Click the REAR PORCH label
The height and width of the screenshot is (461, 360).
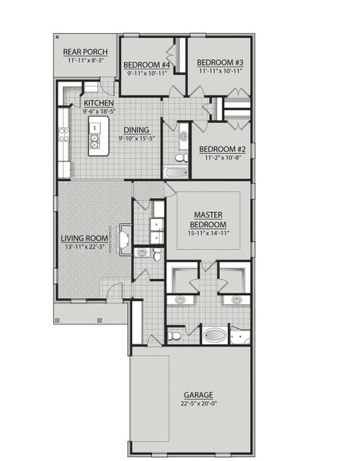pos(85,52)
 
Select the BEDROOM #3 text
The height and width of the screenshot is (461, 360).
pos(220,62)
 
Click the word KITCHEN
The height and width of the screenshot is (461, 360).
pos(99,103)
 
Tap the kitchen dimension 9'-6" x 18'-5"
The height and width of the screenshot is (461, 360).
pos(99,111)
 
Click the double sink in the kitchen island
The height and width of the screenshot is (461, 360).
pos(95,141)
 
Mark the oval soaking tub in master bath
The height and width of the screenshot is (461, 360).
pos(214,336)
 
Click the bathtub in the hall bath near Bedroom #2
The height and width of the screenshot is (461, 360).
pos(176,171)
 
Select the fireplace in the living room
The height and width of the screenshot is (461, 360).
pos(122,240)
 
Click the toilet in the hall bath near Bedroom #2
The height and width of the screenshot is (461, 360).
pos(181,157)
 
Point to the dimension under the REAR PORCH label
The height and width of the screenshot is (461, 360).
pos(85,60)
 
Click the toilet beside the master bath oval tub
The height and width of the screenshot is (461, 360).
pos(175,336)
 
